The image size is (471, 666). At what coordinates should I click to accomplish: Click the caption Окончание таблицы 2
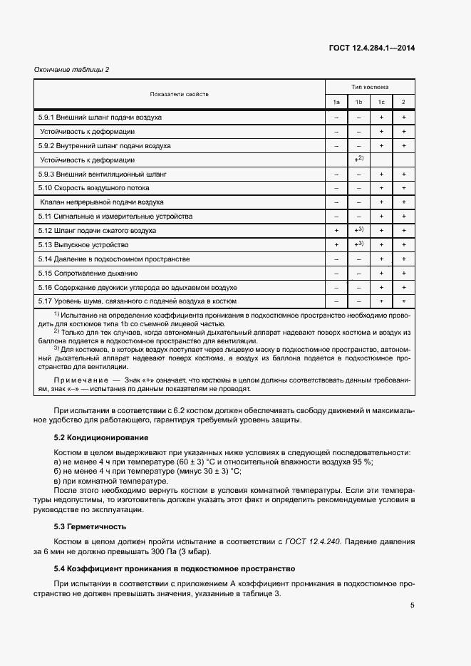[72, 69]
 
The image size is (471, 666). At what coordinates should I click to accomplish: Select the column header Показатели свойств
[180, 94]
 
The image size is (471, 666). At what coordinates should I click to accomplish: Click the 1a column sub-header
[336, 102]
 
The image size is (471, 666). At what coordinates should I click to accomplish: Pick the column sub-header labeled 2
[403, 102]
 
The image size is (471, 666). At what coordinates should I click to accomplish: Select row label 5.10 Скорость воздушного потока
[93, 188]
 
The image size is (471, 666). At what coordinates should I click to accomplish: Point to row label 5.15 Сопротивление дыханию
[88, 274]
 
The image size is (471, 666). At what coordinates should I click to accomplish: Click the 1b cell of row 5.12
[359, 230]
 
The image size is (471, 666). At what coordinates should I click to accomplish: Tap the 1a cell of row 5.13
[336, 245]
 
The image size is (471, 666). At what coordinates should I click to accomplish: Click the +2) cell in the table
[359, 159]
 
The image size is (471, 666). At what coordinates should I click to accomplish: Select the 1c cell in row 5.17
[381, 302]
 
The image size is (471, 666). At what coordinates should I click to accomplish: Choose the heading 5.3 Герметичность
[90, 526]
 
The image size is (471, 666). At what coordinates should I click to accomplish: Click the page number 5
[413, 605]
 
